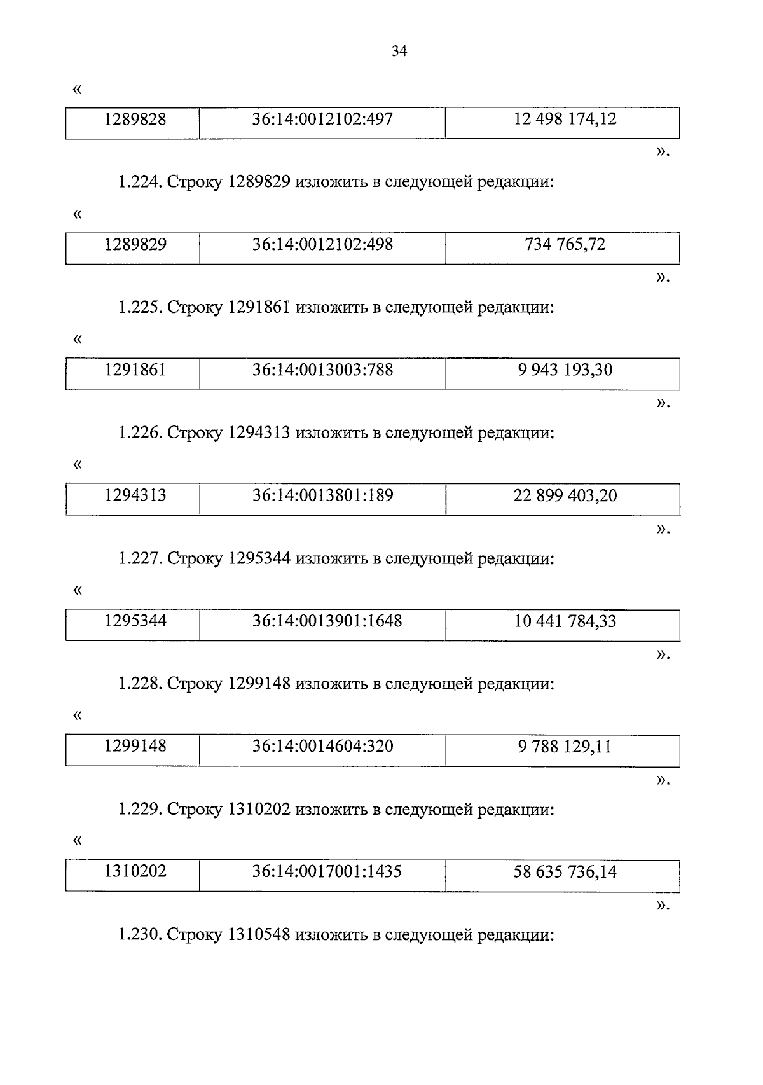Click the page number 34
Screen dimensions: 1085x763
(x=399, y=52)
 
